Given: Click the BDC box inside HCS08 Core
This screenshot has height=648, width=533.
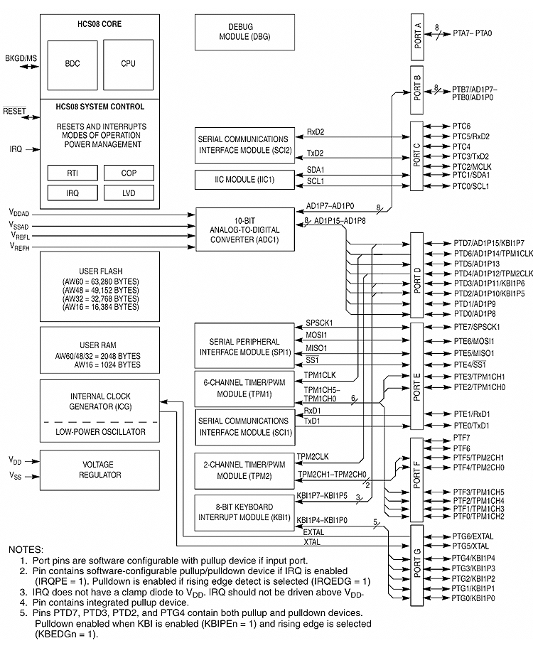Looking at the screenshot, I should coord(72,64).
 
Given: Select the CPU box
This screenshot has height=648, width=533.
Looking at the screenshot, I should coord(128,64).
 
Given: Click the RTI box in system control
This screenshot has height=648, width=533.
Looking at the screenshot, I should coord(72,173).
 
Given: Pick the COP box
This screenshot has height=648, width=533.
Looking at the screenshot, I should coord(128,173).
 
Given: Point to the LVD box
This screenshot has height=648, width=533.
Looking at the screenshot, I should coord(128,193).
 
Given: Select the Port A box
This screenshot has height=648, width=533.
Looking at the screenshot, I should coord(417,33).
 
